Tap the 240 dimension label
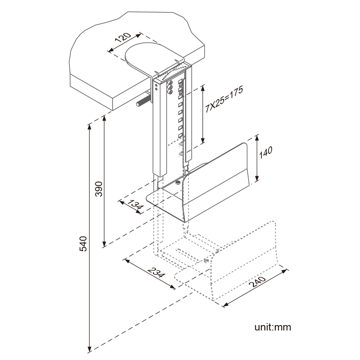[259, 284]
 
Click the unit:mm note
[273, 327]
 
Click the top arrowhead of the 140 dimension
[257, 137]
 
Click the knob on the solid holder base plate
[178, 182]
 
